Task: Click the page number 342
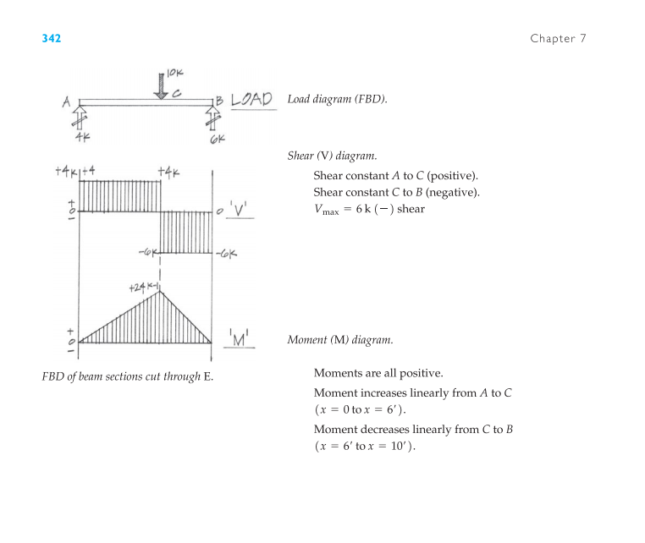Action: coord(52,39)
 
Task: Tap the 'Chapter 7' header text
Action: coord(558,39)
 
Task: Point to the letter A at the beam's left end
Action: coord(66,102)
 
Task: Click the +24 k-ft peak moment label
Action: coord(144,288)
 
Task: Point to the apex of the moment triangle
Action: coord(162,293)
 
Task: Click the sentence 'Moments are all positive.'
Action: coord(378,373)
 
